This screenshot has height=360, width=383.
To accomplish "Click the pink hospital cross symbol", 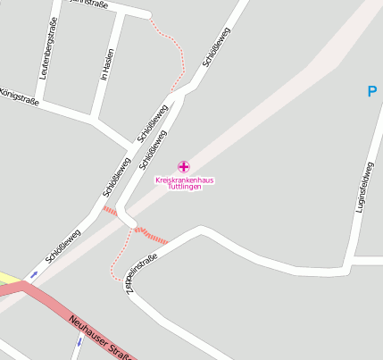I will pyautogui.click(x=184, y=166).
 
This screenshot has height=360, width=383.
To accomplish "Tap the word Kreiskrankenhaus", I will pyautogui.click(x=185, y=180).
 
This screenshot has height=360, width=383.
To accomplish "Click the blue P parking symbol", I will pyautogui.click(x=372, y=91).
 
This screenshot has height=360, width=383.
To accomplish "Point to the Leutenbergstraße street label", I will pyautogui.click(x=47, y=50).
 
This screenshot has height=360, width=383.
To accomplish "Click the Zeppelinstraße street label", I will pyautogui.click(x=142, y=273).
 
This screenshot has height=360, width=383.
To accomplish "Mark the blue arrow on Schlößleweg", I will pyautogui.click(x=34, y=274).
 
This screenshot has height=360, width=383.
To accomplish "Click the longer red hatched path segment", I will pyautogui.click(x=153, y=236).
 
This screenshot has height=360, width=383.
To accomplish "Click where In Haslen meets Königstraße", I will pyautogui.click(x=93, y=117).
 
